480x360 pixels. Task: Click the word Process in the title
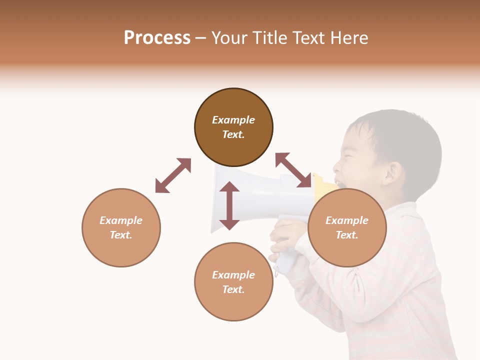[x=157, y=38]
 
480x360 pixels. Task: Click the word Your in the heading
[x=229, y=38]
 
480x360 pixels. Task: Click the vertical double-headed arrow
[x=229, y=205]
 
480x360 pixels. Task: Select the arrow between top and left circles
[x=173, y=175]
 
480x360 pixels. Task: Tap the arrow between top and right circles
[x=293, y=170]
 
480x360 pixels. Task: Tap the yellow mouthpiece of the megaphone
[x=324, y=185]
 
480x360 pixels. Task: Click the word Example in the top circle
[x=233, y=120]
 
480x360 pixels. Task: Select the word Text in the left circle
[x=121, y=235]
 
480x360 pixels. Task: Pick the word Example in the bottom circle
[x=233, y=275]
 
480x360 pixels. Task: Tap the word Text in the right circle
[x=347, y=235]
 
